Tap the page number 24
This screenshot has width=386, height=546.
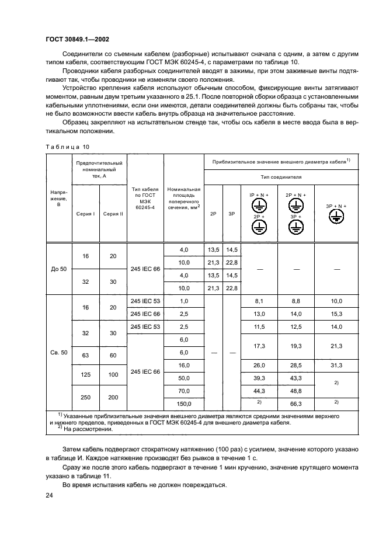pyautogui.click(x=49, y=495)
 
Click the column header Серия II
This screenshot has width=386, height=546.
pyautogui.click(x=113, y=214)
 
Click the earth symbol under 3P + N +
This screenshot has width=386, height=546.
pyautogui.click(x=336, y=217)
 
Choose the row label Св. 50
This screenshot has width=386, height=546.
pyautogui.click(x=59, y=353)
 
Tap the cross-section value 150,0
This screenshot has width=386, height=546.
pyautogui.click(x=183, y=403)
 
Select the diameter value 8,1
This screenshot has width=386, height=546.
pyautogui.click(x=260, y=301)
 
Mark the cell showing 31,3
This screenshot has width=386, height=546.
pyautogui.click(x=336, y=366)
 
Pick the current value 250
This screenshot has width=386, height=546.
pyautogui.click(x=85, y=397)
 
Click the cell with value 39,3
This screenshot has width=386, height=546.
pyautogui.click(x=260, y=378)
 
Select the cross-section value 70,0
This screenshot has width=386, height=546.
pyautogui.click(x=183, y=391)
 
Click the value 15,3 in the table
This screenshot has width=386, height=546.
pyautogui.click(x=336, y=314)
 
